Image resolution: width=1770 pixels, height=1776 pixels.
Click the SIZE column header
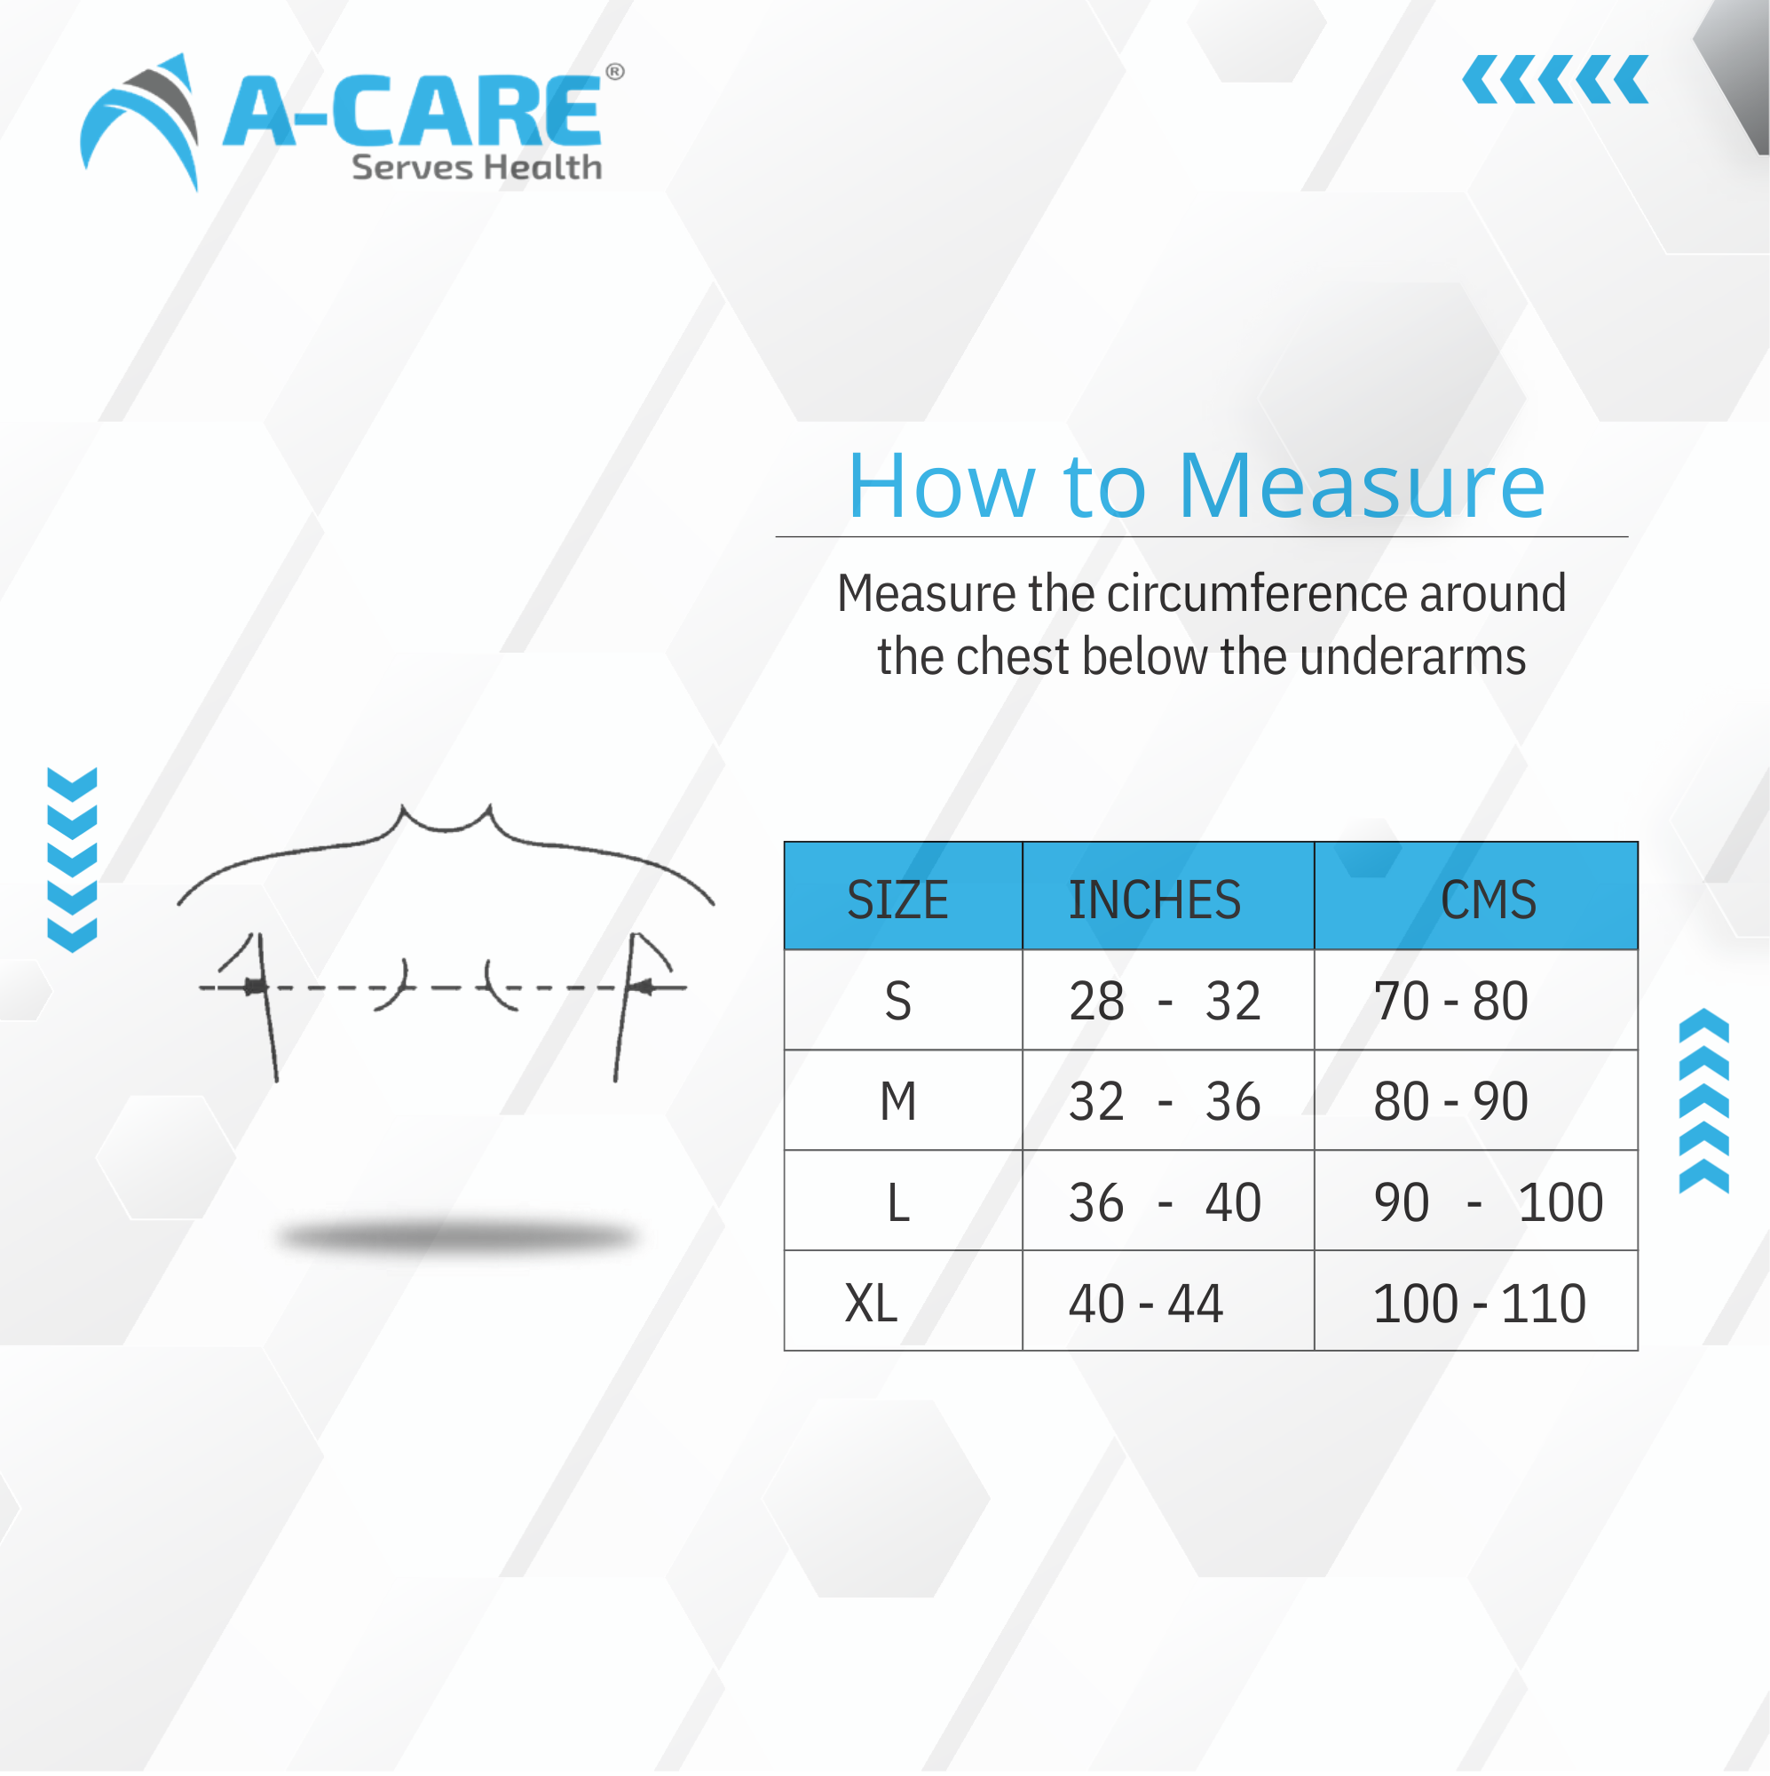(897, 899)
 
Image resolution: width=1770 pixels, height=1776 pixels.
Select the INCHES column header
(1154, 899)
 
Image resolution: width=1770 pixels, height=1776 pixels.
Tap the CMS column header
(1488, 899)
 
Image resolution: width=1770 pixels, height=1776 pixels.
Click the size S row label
(897, 1000)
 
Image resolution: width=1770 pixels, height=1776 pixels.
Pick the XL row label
(870, 1303)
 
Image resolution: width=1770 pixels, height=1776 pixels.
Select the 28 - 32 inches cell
(1165, 1000)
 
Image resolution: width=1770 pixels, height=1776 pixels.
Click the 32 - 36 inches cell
(1165, 1100)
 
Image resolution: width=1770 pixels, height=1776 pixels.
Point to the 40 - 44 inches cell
(1145, 1303)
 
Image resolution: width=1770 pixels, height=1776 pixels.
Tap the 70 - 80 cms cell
(1450, 1000)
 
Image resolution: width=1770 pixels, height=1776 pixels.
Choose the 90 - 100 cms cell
(1488, 1201)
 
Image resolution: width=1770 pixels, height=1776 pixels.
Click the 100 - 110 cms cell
(1479, 1303)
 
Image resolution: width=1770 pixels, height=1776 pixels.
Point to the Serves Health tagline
(476, 167)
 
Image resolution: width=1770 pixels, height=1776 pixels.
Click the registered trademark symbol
(615, 72)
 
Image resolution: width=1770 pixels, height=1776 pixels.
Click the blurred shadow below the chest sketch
(458, 1236)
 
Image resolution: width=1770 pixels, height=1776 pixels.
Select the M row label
(897, 1100)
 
